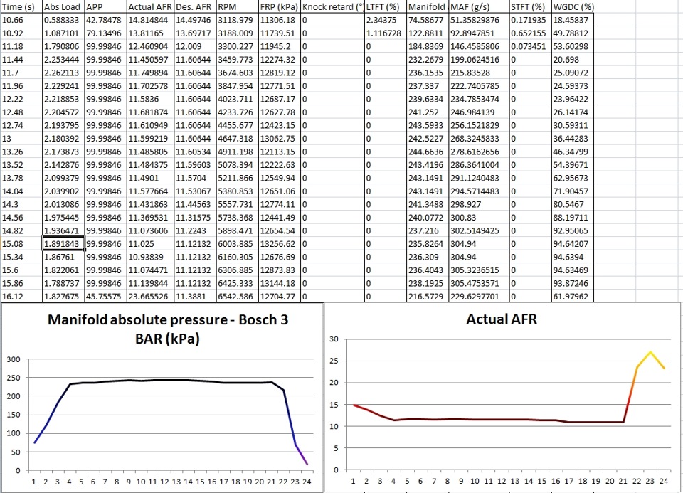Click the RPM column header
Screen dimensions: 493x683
pyautogui.click(x=227, y=6)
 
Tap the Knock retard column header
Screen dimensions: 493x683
pyautogui.click(x=332, y=6)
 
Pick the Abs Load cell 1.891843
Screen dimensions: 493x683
pyautogui.click(x=62, y=243)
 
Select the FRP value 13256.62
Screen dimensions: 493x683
pyautogui.click(x=278, y=243)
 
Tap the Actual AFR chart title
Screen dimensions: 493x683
pyautogui.click(x=501, y=319)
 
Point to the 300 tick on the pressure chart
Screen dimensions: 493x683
pyautogui.click(x=14, y=359)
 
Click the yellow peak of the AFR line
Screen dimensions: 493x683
pyautogui.click(x=650, y=352)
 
